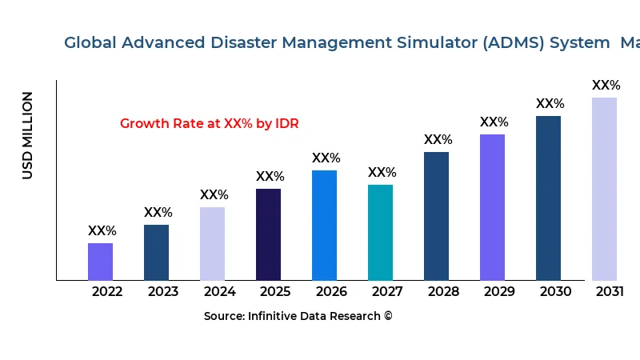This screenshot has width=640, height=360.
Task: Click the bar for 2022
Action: click(x=101, y=262)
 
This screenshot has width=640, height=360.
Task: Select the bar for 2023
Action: click(x=157, y=252)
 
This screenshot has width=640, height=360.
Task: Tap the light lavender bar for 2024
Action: click(x=213, y=243)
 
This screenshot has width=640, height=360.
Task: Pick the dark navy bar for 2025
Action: click(x=269, y=234)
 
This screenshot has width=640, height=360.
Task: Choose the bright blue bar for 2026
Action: click(x=325, y=225)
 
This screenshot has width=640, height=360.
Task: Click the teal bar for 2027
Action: click(x=381, y=232)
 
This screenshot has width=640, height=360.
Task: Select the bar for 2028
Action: click(x=437, y=216)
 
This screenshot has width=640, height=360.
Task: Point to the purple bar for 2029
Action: click(x=493, y=207)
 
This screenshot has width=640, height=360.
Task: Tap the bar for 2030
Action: click(x=549, y=198)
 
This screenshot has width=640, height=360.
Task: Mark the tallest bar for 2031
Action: click(x=605, y=189)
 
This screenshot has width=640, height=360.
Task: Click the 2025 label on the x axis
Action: click(x=275, y=292)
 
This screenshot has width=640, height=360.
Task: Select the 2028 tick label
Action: click(x=443, y=292)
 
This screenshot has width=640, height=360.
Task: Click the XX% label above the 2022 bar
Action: click(x=102, y=231)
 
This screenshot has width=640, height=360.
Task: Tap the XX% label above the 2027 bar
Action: click(x=382, y=173)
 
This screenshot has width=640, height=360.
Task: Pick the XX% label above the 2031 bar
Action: click(x=606, y=86)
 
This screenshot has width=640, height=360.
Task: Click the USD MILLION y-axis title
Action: click(x=28, y=135)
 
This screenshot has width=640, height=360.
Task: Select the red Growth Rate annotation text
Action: click(x=209, y=124)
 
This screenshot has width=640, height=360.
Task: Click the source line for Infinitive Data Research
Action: click(x=298, y=316)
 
